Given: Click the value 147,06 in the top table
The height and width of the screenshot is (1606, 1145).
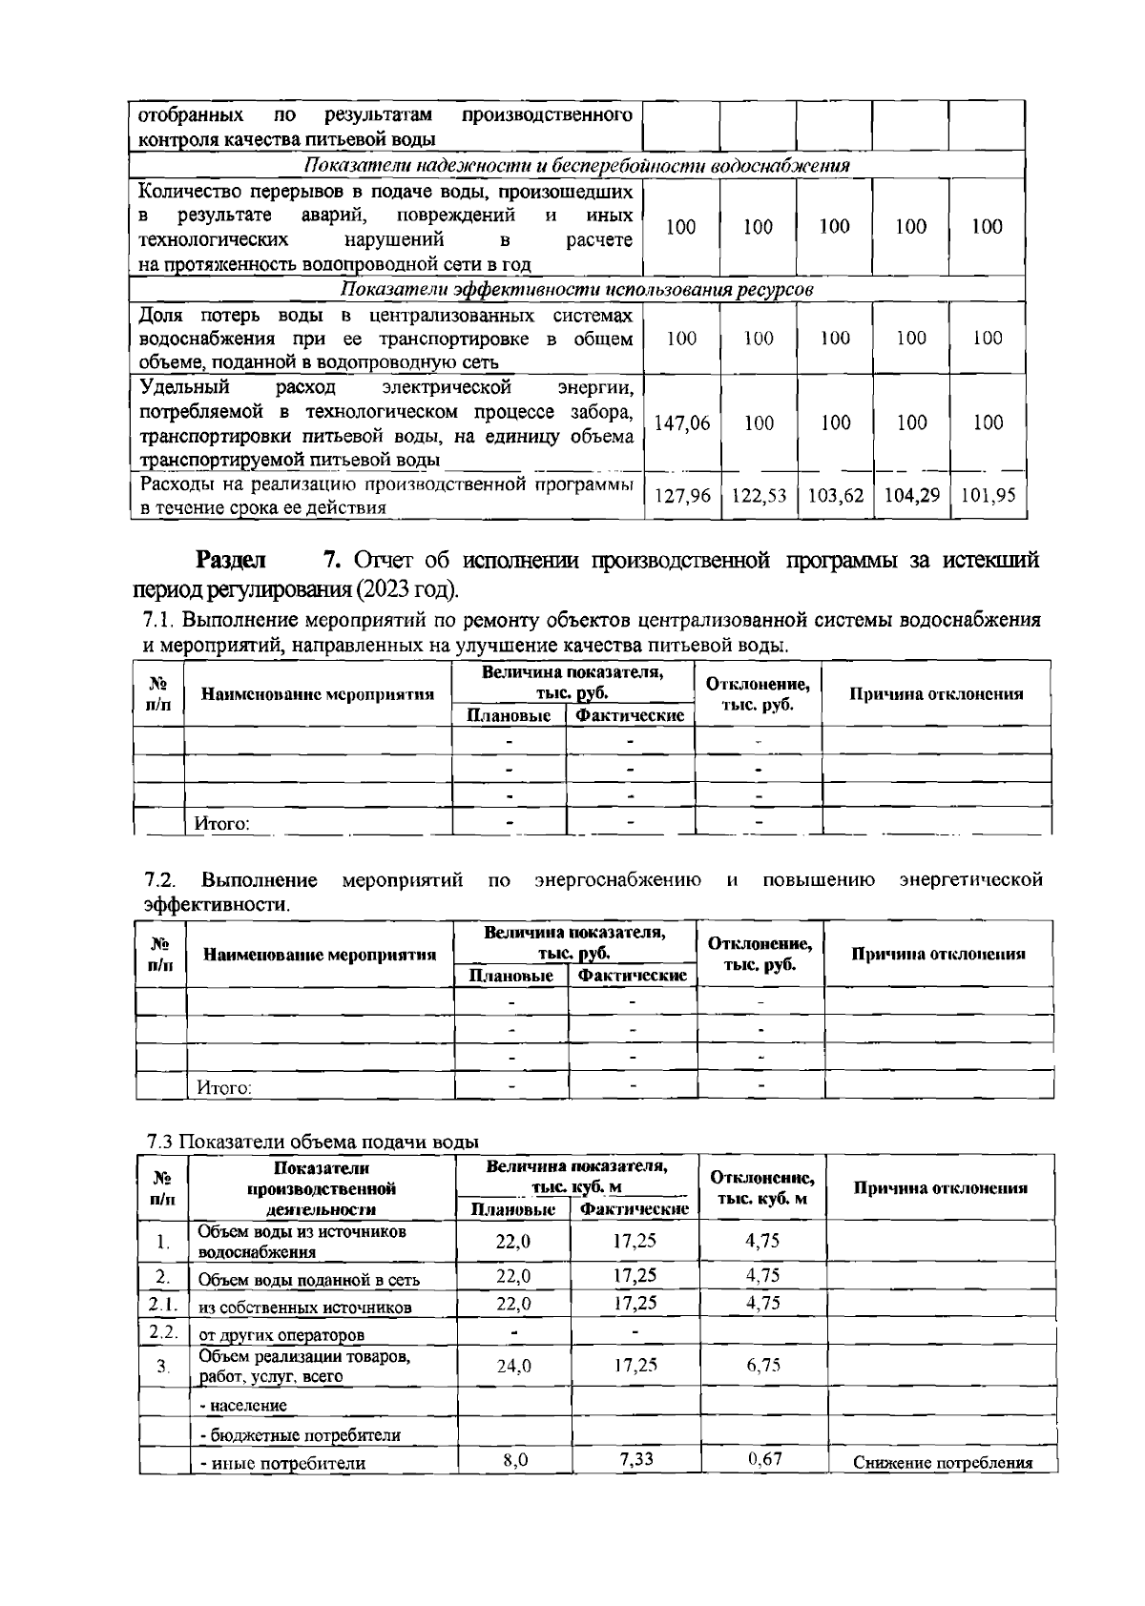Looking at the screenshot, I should (x=682, y=423).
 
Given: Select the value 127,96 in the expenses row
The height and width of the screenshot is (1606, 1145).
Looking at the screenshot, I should (x=682, y=496).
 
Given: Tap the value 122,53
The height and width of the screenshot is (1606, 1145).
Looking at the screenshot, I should (x=759, y=496).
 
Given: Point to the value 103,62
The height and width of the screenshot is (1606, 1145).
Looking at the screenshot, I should (x=835, y=496).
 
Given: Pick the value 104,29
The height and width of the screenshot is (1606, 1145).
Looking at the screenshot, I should (x=911, y=496).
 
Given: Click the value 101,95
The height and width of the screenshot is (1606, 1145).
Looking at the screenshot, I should (x=988, y=496).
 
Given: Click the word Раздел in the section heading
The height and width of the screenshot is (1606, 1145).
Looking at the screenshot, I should (x=231, y=560).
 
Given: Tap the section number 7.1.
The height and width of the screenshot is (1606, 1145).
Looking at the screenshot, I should (x=157, y=620).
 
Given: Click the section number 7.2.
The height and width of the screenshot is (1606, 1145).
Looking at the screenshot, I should (x=159, y=878).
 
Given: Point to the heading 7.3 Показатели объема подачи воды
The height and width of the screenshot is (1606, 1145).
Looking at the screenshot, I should (x=313, y=1142).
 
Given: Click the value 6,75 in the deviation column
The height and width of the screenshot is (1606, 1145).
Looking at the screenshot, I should (x=762, y=1365).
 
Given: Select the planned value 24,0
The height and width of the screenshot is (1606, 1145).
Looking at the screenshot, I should (x=513, y=1366).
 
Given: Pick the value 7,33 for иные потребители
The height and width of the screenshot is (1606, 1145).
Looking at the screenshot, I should (x=635, y=1458).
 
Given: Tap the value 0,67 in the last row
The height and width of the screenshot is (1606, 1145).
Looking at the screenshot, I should (x=762, y=1458).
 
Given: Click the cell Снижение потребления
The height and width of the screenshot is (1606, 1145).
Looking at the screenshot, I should (x=943, y=1463).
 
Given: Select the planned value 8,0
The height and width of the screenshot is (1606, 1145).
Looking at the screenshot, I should (x=513, y=1458).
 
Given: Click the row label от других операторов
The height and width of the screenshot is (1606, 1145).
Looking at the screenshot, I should (x=281, y=1334).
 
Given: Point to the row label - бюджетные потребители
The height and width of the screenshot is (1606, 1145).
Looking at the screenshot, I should (x=300, y=1434).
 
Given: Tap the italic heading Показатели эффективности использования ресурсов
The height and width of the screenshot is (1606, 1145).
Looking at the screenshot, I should (x=577, y=289).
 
